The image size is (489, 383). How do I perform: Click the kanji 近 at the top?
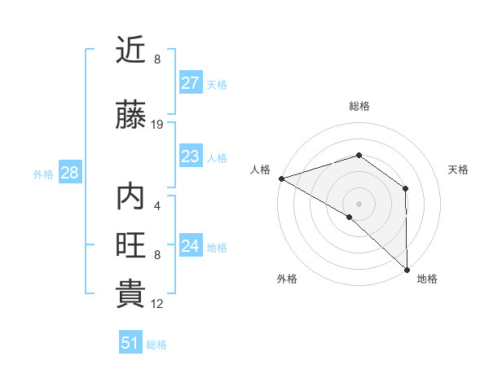[131, 51]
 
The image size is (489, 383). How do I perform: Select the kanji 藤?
[131, 116]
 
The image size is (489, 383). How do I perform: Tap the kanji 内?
[131, 197]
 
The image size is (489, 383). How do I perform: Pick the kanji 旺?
[131, 245]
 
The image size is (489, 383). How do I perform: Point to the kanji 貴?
[131, 294]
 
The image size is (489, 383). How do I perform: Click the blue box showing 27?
[190, 83]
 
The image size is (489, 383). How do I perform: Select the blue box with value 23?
[190, 156]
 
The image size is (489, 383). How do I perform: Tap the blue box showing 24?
[190, 246]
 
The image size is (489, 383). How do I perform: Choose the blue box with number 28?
[69, 173]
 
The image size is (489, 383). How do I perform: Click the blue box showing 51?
[130, 343]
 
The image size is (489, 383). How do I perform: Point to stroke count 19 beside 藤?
[157, 125]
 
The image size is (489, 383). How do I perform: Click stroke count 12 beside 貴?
[157, 304]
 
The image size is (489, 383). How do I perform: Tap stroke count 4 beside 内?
[157, 206]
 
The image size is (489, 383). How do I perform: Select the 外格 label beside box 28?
[43, 174]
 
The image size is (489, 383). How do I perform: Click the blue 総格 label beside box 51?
[156, 345]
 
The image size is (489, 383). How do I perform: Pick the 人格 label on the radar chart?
[261, 169]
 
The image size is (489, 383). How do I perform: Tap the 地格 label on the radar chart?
[426, 279]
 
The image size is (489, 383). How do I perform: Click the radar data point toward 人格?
[281, 178]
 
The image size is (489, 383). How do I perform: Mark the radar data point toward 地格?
[407, 270]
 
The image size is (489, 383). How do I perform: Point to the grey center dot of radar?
[359, 203]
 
